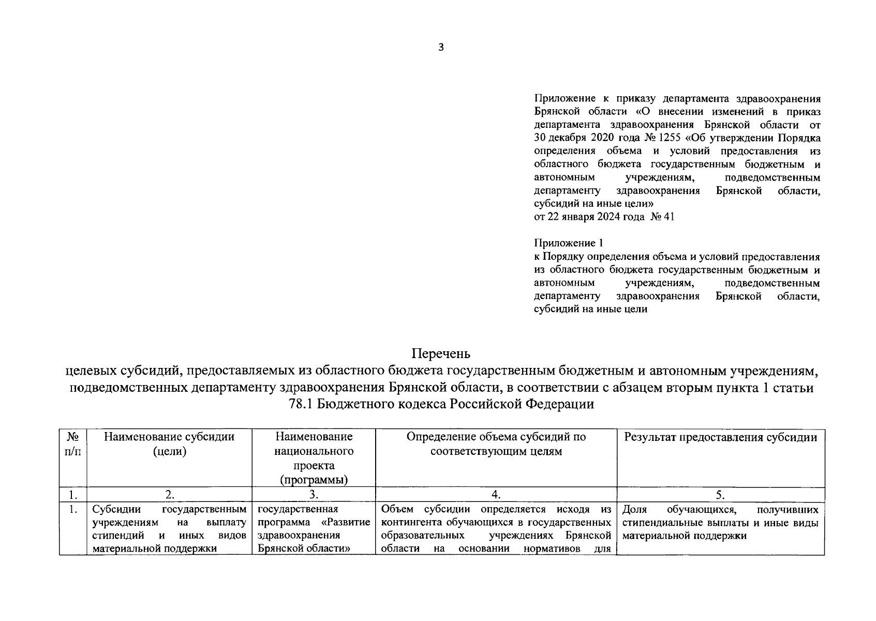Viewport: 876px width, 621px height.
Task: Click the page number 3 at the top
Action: [441, 48]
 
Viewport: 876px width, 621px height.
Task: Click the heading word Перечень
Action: [441, 354]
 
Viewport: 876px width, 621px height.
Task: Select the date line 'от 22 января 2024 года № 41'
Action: [604, 217]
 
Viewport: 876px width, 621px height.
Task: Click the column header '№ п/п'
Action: [73, 444]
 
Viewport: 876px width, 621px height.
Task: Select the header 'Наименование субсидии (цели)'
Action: [169, 444]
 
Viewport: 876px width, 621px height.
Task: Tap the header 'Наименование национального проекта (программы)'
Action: [314, 458]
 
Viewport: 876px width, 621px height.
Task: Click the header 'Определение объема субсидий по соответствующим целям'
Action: [496, 444]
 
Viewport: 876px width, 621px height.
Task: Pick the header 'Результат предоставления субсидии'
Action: [720, 437]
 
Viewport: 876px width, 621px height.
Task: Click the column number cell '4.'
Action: [496, 495]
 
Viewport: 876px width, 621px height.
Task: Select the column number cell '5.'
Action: [720, 495]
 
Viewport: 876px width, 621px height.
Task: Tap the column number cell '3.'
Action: [314, 495]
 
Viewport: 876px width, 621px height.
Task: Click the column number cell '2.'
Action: [169, 495]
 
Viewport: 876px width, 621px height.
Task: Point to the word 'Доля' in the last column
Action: [635, 510]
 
